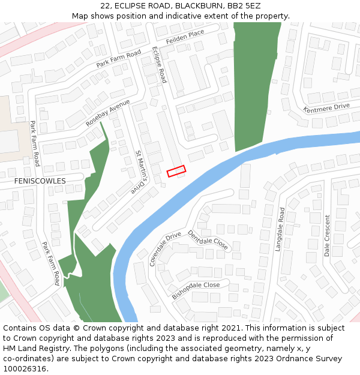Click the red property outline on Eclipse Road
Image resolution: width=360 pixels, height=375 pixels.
[x=176, y=171]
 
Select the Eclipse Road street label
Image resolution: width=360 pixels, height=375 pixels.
[x=159, y=64]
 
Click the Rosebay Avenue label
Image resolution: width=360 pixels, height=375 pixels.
[x=108, y=113]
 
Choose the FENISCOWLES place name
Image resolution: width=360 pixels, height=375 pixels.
[x=40, y=181]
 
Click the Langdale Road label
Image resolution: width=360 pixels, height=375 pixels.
[x=282, y=229]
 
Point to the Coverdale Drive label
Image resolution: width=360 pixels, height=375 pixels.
[x=165, y=248]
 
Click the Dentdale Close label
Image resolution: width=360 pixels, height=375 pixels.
[x=208, y=241]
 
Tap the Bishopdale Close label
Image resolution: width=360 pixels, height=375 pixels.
[x=196, y=290]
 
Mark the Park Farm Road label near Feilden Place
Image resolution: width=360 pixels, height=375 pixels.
[x=118, y=59]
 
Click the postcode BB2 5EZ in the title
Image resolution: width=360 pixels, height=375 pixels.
[x=243, y=5]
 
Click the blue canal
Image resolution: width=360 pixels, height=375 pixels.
[x=180, y=192]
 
